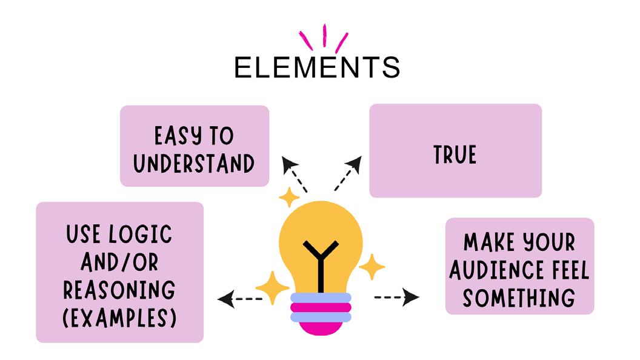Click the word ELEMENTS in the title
317,67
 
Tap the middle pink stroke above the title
325,35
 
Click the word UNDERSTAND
195,163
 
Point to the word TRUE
455,155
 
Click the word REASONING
119,290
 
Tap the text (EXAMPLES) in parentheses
119,318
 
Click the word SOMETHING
519,298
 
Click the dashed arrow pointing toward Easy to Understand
295,175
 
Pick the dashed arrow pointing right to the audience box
398,297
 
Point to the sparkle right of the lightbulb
372,267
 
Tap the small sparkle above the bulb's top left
288,198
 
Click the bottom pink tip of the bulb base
321,328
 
